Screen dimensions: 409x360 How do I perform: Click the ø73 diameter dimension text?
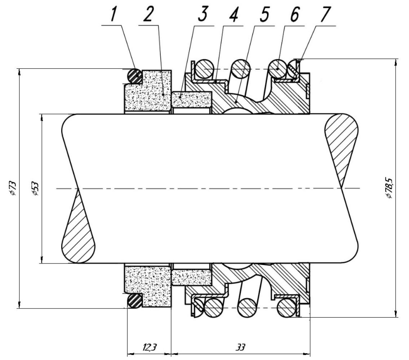13,188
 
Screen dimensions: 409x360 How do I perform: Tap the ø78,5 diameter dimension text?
389,188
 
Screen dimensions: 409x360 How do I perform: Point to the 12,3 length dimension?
150,347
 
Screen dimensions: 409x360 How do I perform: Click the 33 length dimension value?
240,347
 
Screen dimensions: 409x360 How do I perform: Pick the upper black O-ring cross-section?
134,76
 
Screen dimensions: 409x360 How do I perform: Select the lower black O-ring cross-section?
135,301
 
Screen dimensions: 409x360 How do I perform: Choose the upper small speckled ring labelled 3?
192,99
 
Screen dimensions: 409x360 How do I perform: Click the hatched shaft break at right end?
342,151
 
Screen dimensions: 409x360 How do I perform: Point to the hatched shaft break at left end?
78,226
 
